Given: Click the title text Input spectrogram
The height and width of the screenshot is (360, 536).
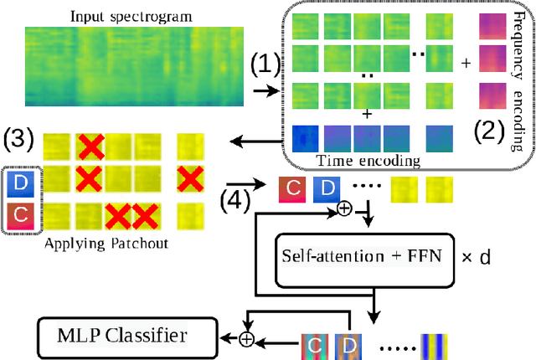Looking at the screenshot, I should point(132,16).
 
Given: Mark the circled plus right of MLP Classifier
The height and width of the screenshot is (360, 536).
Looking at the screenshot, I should point(245,339).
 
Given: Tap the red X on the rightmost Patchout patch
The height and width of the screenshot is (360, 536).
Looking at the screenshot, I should point(192,178).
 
